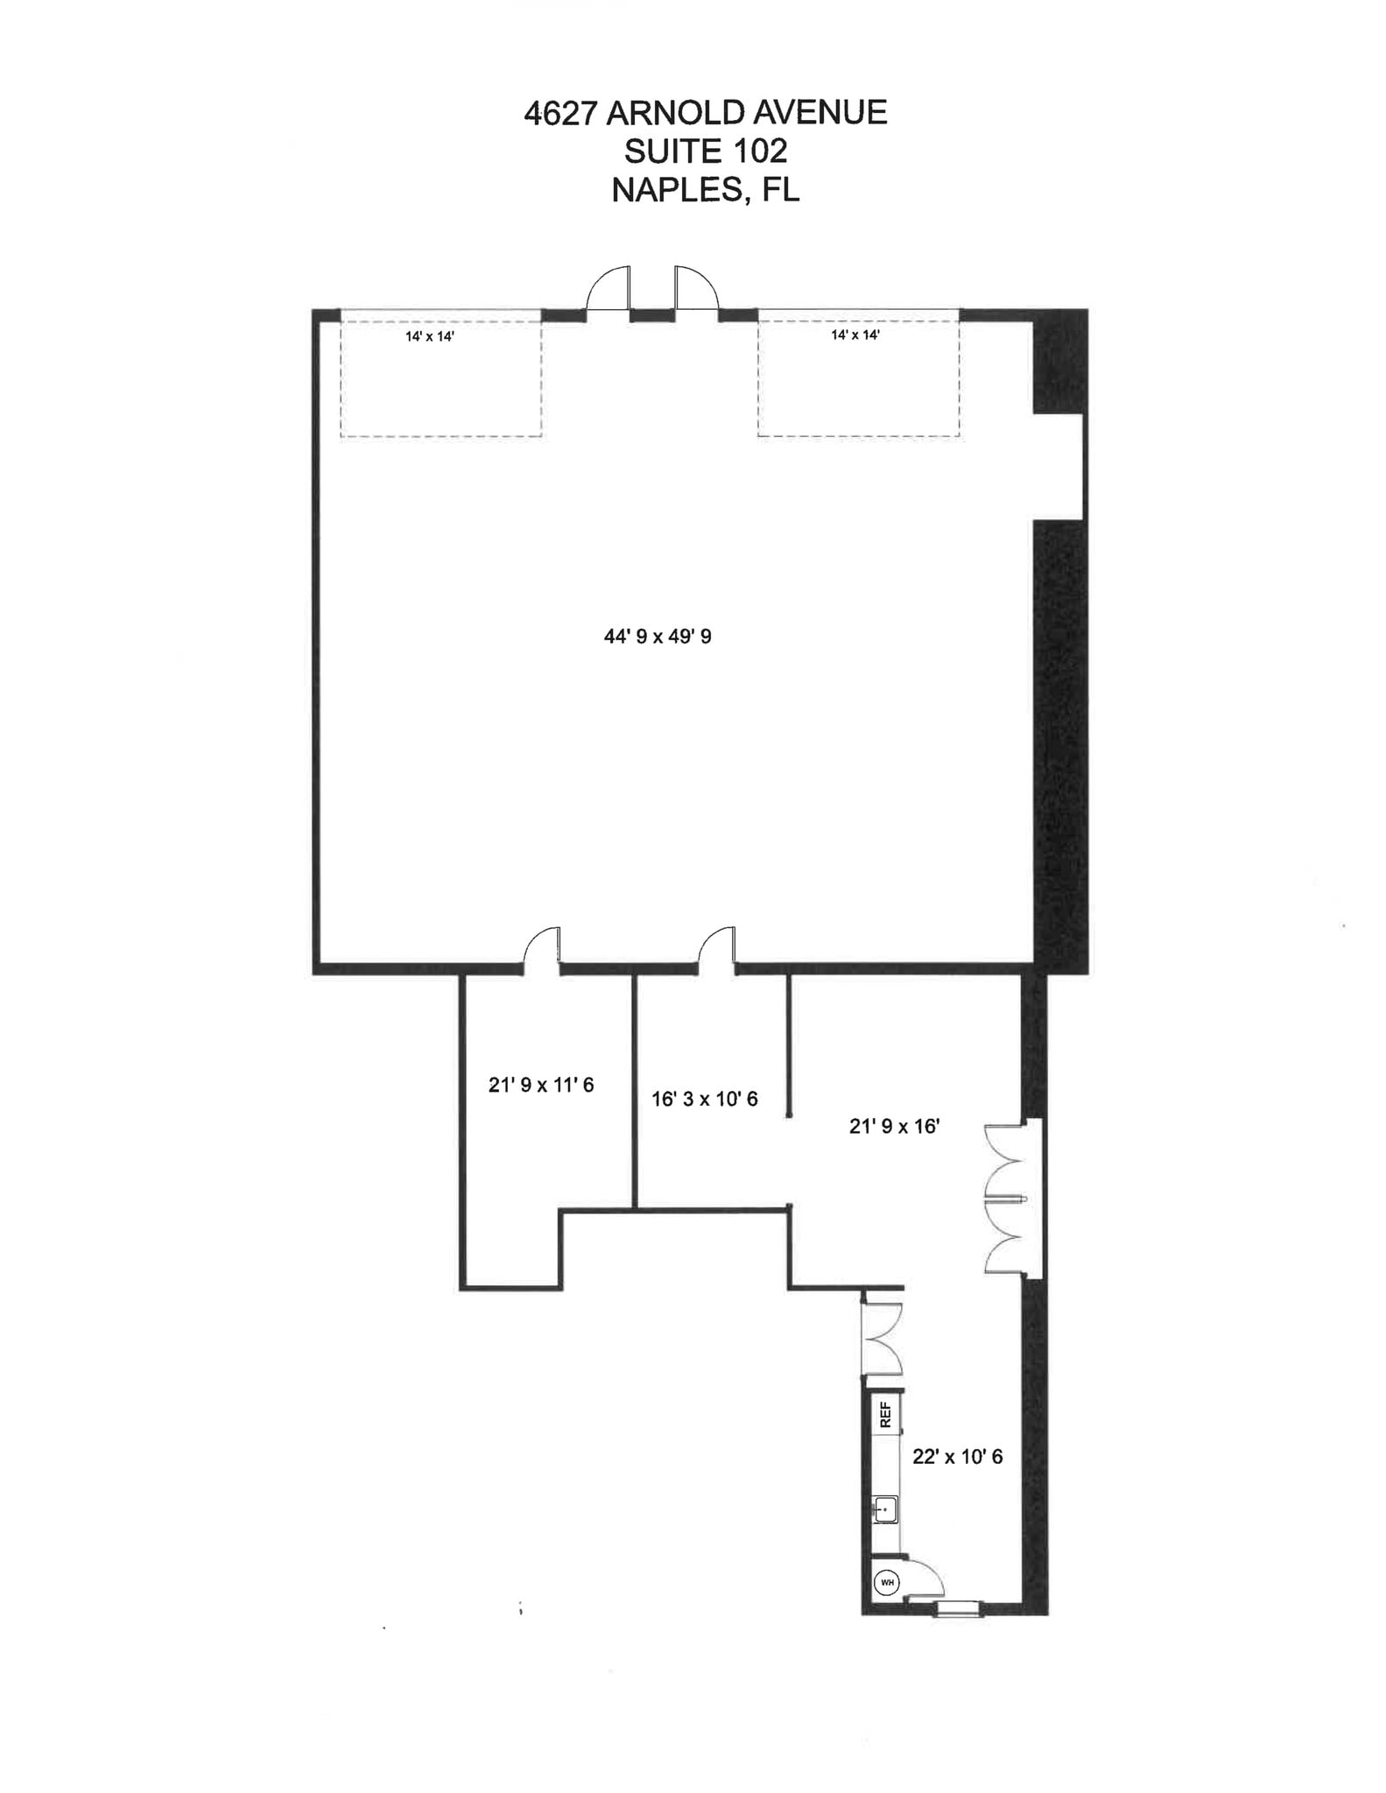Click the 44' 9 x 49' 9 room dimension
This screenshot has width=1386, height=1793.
click(x=657, y=636)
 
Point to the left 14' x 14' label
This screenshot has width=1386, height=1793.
click(x=429, y=336)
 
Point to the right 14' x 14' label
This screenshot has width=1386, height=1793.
click(x=855, y=334)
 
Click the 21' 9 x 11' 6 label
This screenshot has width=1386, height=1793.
click(x=540, y=1085)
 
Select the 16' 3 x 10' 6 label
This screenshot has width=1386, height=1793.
click(x=704, y=1099)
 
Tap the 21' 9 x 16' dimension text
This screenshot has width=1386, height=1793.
click(x=893, y=1126)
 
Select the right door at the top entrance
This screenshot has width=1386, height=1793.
click(x=695, y=289)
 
